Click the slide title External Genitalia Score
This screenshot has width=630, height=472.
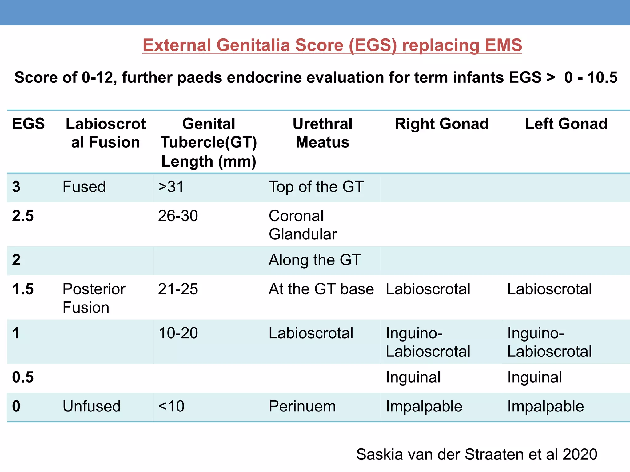[x=332, y=45]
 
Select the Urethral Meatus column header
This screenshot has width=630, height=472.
[x=322, y=133]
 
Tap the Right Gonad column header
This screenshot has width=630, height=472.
[x=442, y=124]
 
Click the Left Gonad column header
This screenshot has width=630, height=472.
[x=566, y=124]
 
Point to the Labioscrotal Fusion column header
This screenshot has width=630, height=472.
[x=106, y=133]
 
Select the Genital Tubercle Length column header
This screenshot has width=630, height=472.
[x=209, y=142]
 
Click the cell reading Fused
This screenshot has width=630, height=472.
[x=84, y=187]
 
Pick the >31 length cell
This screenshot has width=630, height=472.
[x=171, y=187]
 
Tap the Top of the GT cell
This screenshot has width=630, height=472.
[x=316, y=187]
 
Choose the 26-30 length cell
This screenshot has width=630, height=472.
[x=178, y=216]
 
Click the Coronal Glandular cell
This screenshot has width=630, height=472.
[x=303, y=225]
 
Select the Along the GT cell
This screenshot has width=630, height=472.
[x=315, y=260]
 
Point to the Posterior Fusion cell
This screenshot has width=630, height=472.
[x=94, y=298]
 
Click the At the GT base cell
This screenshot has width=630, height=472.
[x=321, y=289]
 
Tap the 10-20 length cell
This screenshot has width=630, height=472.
[x=178, y=333]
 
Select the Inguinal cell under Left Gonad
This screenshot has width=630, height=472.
[x=535, y=377]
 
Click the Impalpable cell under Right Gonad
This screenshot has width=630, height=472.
[x=424, y=407]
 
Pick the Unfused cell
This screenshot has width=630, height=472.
[x=91, y=407]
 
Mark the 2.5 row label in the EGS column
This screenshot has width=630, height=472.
[x=23, y=216]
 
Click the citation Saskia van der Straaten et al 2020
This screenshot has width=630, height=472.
[x=476, y=454]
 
